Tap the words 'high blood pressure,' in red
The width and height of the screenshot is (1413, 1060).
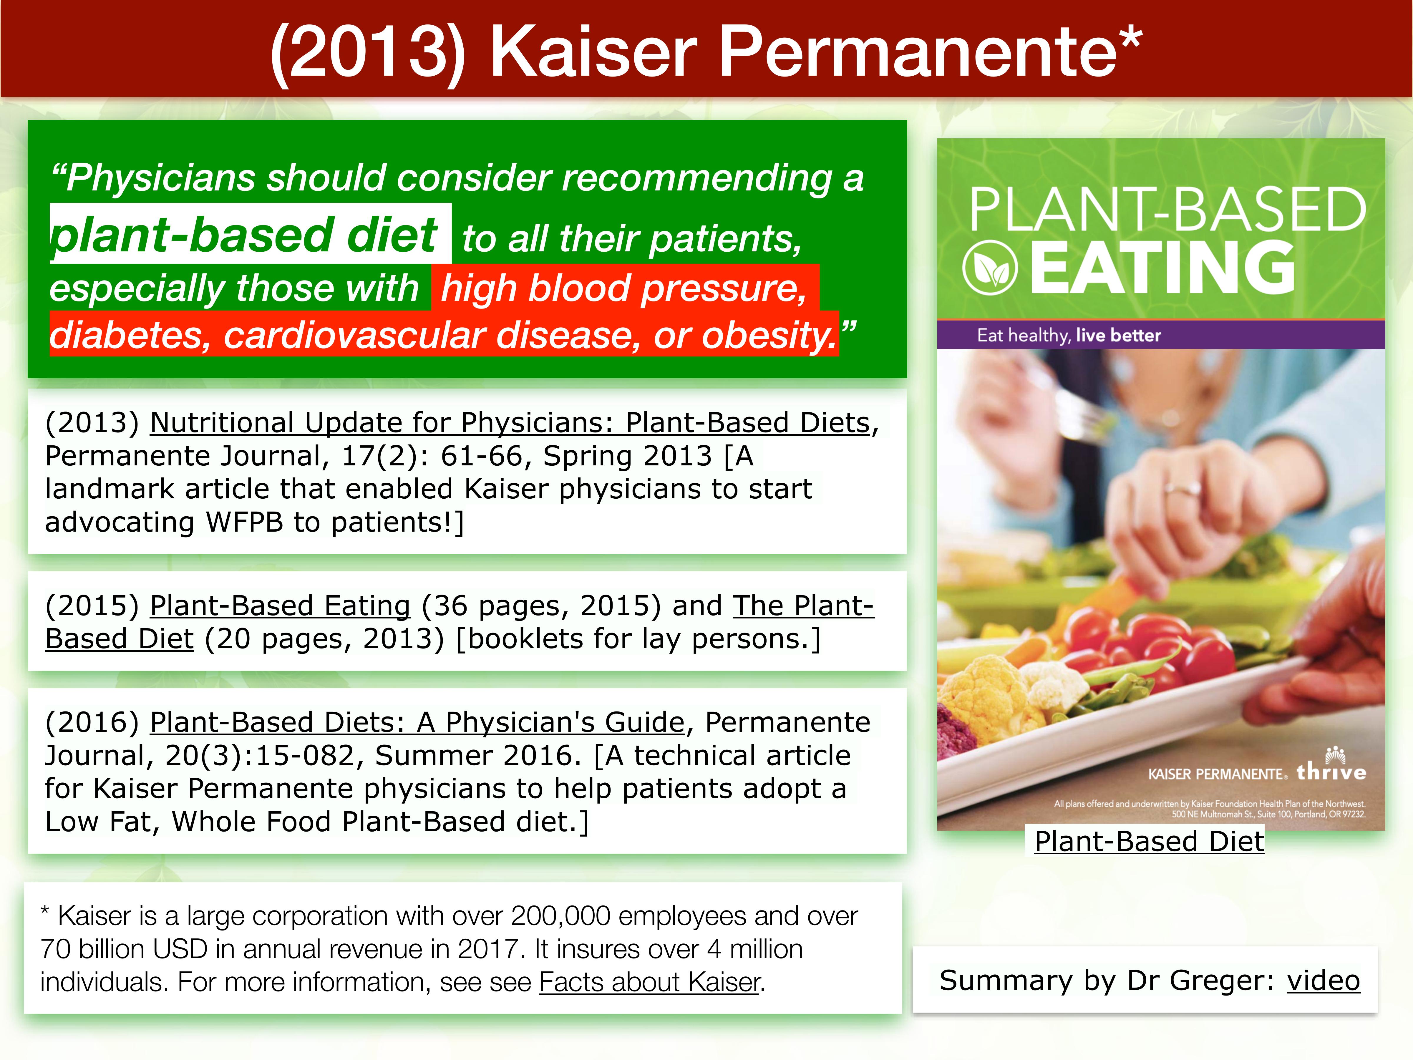coord(624,288)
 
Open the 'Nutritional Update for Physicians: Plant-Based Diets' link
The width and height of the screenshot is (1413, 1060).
coord(510,423)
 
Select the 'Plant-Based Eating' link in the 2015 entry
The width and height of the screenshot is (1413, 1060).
coord(280,606)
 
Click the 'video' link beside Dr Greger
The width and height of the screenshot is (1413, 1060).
coord(1323,980)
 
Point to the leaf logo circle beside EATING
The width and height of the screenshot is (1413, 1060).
coord(989,268)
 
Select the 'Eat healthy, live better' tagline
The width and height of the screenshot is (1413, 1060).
coord(1069,335)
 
